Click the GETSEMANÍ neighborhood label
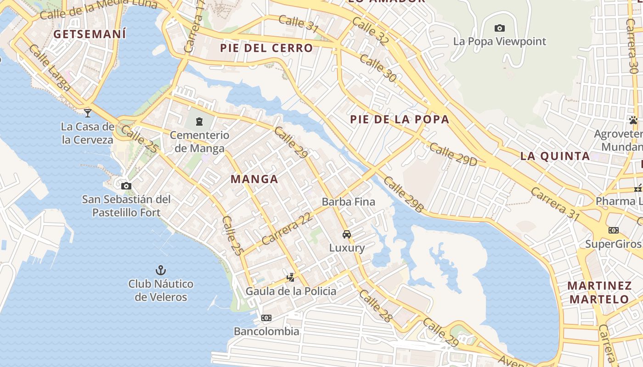point(90,34)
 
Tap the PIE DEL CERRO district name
point(266,48)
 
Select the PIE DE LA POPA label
point(400,119)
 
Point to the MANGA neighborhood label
point(254,179)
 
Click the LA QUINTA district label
point(555,156)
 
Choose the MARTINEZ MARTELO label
point(599,293)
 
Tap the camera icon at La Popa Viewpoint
point(500,28)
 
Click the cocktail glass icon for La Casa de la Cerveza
point(88,113)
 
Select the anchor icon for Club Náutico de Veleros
point(161,270)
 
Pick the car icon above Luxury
point(347,234)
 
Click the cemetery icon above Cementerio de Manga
point(199,122)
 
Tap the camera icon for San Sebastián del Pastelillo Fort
point(126,186)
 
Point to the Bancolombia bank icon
point(266,318)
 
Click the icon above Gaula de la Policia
point(290,277)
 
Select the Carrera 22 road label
point(287,229)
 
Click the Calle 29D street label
point(453,155)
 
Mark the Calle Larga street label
point(50,68)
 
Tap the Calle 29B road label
point(403,195)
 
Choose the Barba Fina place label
point(348,202)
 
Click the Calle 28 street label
point(376,306)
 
